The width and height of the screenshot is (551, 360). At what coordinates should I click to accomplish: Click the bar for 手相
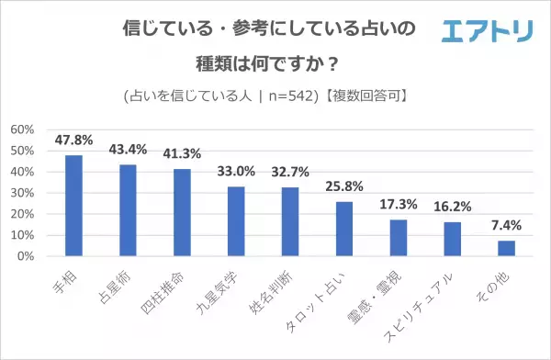[x=73, y=206]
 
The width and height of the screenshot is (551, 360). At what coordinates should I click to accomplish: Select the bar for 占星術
[x=128, y=210]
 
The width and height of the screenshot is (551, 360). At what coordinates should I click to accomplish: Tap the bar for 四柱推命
[x=182, y=212]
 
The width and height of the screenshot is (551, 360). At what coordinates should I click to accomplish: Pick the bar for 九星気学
[x=236, y=221]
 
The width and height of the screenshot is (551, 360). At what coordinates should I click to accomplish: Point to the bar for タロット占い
[x=343, y=229]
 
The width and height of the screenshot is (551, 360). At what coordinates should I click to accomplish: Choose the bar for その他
[x=505, y=248]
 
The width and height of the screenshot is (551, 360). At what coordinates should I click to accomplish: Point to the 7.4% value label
[x=505, y=226]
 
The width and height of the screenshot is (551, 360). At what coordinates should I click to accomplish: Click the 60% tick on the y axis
[x=23, y=129]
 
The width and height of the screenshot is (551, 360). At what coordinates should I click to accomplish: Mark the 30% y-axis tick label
[x=23, y=193]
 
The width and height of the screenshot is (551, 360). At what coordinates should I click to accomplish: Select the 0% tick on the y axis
[x=27, y=256]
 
